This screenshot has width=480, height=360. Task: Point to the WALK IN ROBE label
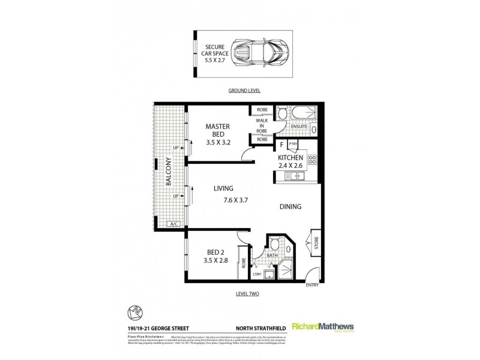pos(262,125)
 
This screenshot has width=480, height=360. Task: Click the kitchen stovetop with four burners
pos(312,160)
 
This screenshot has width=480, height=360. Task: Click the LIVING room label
pos(223,188)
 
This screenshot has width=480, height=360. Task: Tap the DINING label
pos(290,207)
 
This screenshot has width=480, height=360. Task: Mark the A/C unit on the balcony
pos(175,224)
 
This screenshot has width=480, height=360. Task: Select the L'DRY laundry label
pos(258,274)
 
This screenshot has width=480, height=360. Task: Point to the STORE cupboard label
pos(317,244)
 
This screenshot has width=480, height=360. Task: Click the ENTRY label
pos(313,284)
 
